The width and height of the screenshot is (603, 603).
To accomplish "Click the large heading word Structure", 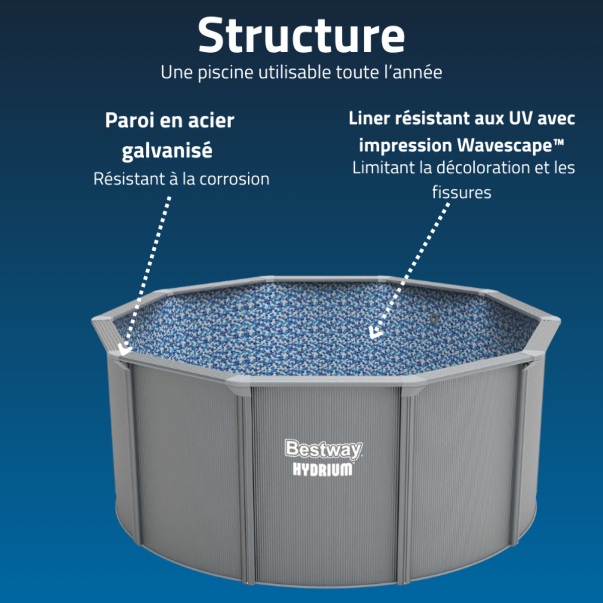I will [x=301, y=35].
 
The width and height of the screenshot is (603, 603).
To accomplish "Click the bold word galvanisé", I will [x=167, y=150].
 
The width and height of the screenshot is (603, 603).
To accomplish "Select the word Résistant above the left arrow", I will [x=129, y=179].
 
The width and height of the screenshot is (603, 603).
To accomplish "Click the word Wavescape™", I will [x=510, y=145].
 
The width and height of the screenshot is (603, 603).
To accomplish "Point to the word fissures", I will [x=461, y=192].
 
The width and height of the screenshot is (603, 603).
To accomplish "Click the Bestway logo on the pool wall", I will [x=323, y=449].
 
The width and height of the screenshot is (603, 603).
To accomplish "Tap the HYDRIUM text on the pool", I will [x=323, y=469].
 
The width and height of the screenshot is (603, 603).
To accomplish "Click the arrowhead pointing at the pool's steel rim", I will [x=124, y=349].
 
